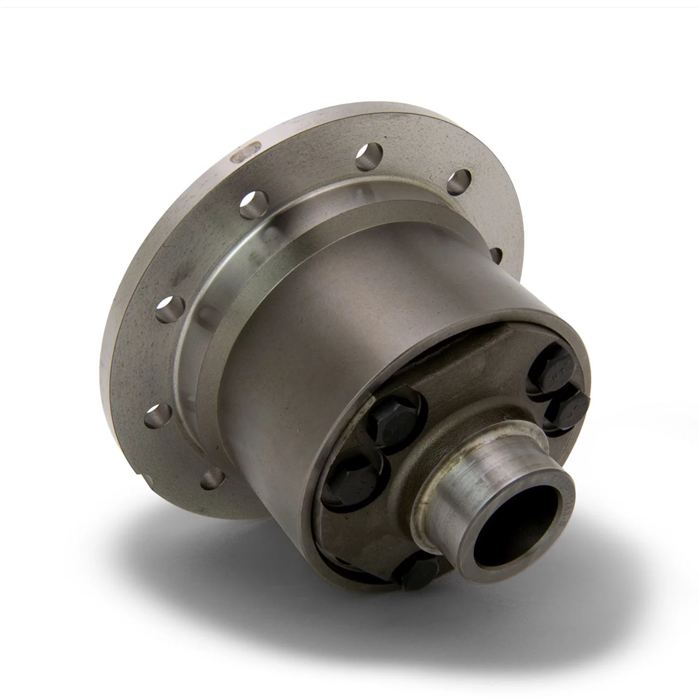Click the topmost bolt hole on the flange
pyautogui.click(x=371, y=157)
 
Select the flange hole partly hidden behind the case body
pyautogui.click(x=496, y=254)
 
